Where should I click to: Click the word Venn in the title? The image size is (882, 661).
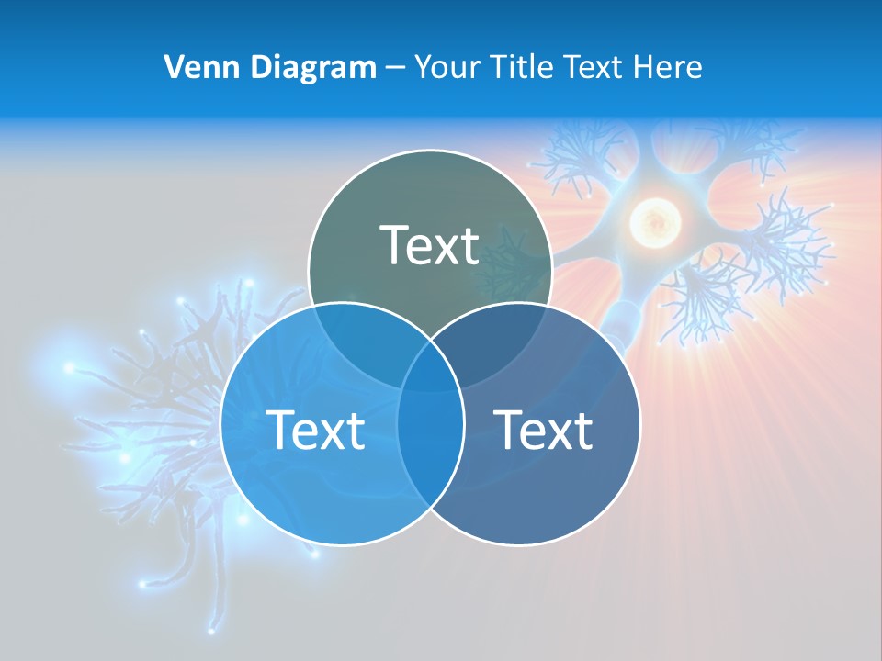193,67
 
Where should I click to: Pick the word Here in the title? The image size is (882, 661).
672,67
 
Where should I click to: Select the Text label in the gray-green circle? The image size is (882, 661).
430,245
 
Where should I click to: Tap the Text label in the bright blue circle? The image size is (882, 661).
315,430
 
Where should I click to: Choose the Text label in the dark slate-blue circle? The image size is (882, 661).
544,430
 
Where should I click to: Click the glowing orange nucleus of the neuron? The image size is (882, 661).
654,220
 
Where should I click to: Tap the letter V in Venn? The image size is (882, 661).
174,67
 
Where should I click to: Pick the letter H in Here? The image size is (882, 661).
648,67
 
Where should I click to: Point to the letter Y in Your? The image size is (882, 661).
423,67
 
